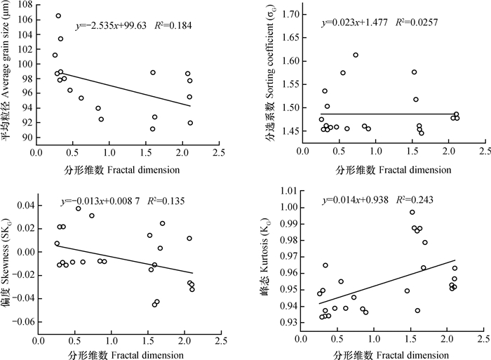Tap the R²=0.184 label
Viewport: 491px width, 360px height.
click(170, 27)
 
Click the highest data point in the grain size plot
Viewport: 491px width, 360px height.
click(58, 15)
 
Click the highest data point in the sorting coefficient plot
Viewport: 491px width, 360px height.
click(356, 55)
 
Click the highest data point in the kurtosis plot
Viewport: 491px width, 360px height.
click(412, 212)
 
